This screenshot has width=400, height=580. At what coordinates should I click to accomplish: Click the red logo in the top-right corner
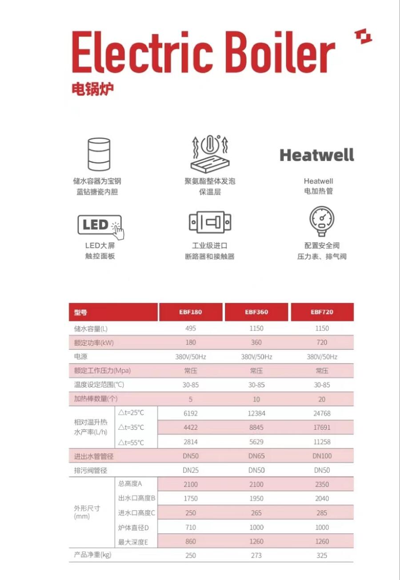[x=363, y=37]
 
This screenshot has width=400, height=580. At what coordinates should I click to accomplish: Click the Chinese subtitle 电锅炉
[x=92, y=88]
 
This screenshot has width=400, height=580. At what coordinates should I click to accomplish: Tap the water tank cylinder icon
[x=99, y=155]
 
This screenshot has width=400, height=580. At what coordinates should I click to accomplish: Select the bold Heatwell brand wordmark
[x=317, y=155]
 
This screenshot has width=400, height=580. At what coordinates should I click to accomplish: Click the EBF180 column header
[x=190, y=312]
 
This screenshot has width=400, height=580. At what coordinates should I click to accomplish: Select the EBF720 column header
[x=322, y=312]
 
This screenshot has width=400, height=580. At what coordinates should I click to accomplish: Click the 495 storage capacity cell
[x=190, y=328]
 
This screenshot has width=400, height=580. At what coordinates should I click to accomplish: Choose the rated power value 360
[x=256, y=342]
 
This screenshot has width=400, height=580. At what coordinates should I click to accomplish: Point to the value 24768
[x=322, y=413]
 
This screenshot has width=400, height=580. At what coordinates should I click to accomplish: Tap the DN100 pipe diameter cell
[x=322, y=456]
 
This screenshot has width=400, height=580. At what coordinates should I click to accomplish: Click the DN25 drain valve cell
[x=190, y=470]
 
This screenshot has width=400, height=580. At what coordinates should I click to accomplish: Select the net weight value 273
[x=256, y=555]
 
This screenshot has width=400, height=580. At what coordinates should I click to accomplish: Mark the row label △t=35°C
[x=131, y=428]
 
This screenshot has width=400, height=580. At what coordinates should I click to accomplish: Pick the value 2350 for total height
[x=322, y=484]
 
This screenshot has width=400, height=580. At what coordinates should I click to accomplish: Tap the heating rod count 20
[x=322, y=399]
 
